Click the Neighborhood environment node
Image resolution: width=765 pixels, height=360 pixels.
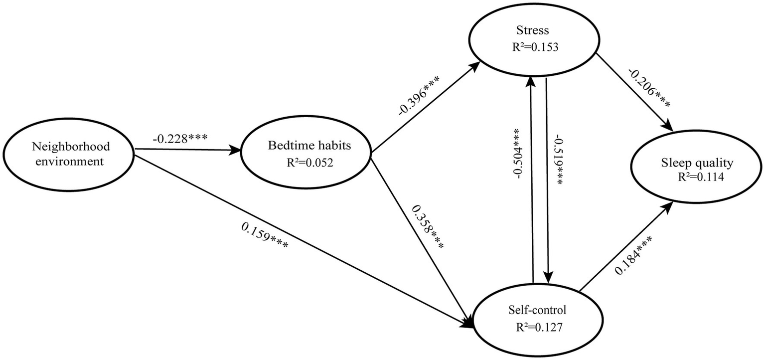[x=69, y=154]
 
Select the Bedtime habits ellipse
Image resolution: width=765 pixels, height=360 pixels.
[x=306, y=153]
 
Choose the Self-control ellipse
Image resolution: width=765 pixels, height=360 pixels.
[x=534, y=319]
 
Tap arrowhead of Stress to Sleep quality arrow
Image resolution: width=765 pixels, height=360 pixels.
[x=670, y=128]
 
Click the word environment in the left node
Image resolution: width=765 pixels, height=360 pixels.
[x=69, y=161]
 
